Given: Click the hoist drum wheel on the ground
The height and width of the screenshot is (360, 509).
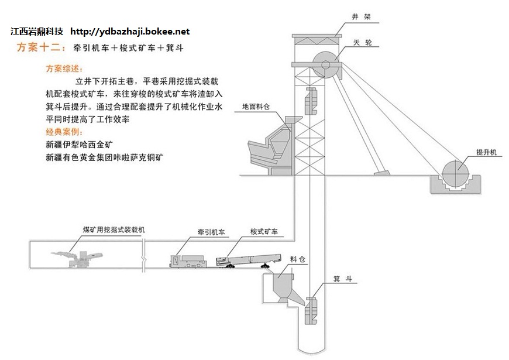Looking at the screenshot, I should [456, 173].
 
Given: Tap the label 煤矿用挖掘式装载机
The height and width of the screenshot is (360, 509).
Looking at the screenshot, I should [114, 230].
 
